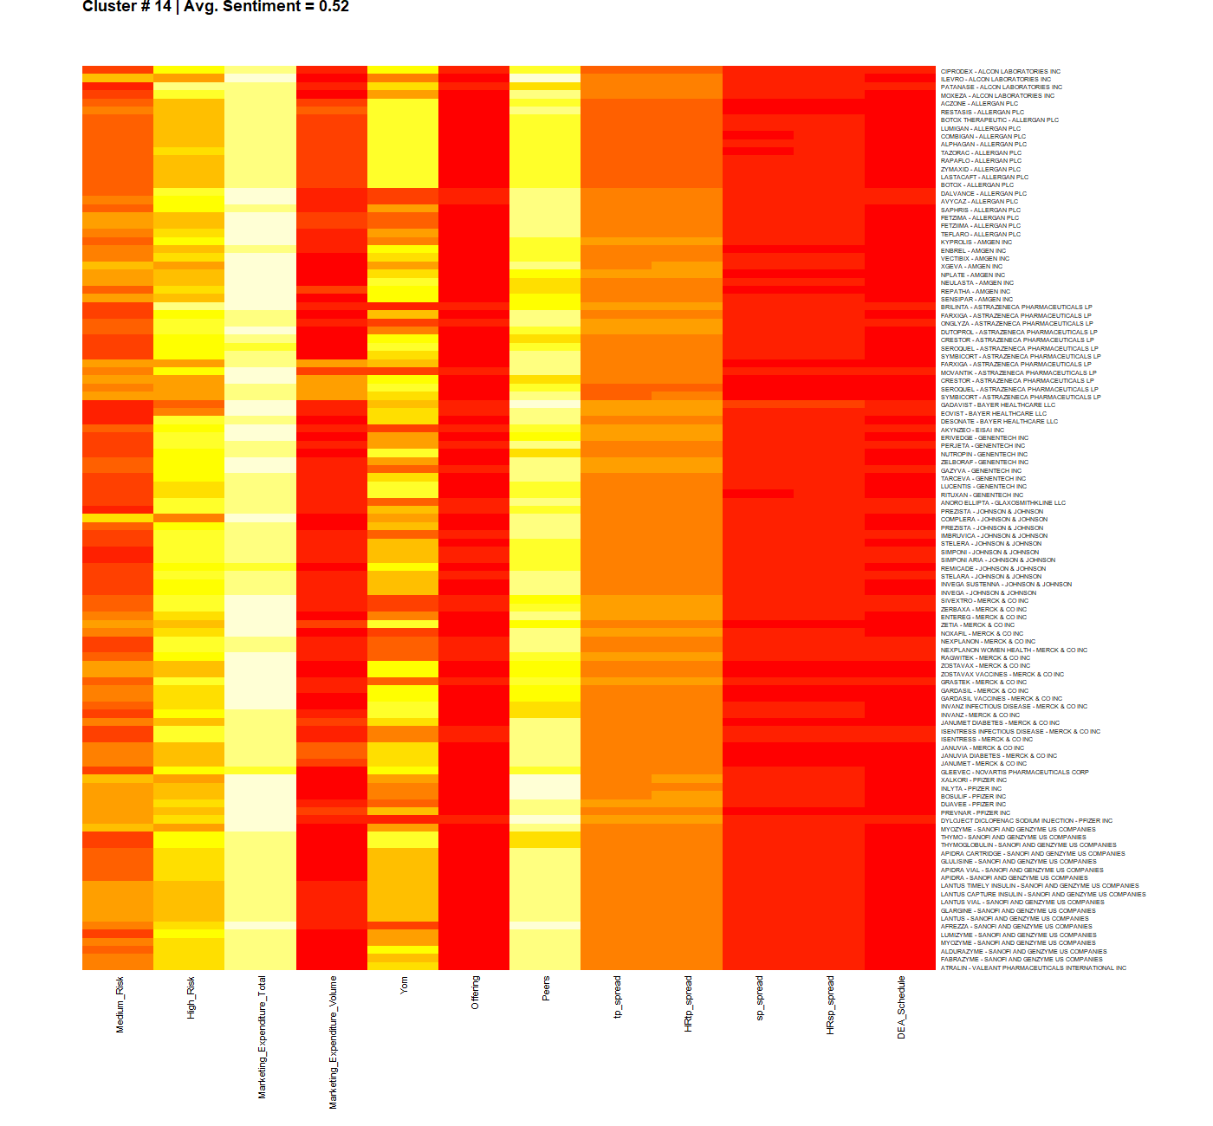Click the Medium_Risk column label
click(120, 1004)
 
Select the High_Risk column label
click(191, 997)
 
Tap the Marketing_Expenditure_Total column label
click(262, 1037)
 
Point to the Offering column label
click(475, 992)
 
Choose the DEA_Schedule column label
click(901, 1007)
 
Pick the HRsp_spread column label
click(830, 1005)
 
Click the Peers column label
click(546, 988)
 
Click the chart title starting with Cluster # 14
click(216, 7)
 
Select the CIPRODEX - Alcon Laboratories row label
click(1001, 71)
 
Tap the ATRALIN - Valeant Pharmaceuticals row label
click(1034, 967)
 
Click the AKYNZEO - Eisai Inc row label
click(972, 430)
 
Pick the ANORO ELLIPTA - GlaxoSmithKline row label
click(1003, 503)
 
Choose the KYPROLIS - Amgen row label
click(976, 243)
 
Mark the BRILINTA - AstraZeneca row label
click(1016, 307)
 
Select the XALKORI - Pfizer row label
click(974, 780)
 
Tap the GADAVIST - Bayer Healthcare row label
click(998, 405)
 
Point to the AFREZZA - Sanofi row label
click(1016, 927)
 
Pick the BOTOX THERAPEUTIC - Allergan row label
click(1000, 120)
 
